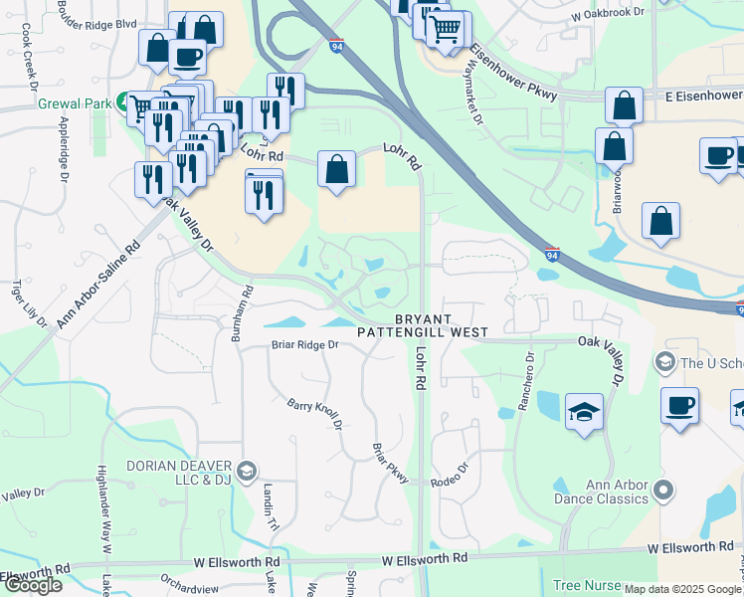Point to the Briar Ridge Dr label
pyautogui.click(x=305, y=345)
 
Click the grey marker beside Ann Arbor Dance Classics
pyautogui.click(x=665, y=491)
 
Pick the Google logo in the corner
pyautogui.click(x=32, y=585)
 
